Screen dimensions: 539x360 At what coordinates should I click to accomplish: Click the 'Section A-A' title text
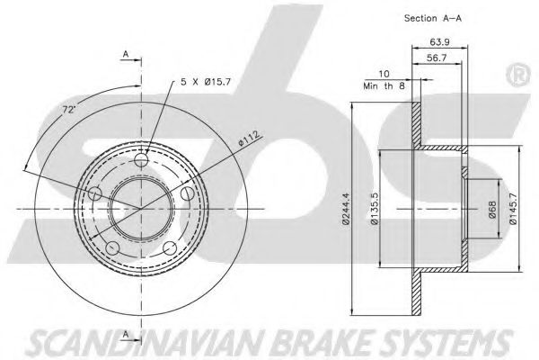tap(432, 18)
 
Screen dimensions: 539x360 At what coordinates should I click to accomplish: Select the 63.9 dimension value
tap(439, 42)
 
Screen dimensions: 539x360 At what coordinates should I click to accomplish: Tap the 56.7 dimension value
tap(437, 58)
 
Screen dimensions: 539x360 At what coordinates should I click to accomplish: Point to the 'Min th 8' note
tap(384, 86)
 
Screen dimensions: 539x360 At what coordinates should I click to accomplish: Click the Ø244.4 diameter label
tap(346, 209)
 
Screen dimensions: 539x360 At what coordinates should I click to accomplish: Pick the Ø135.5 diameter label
tap(375, 209)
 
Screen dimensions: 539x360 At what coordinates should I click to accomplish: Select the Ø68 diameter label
tap(492, 210)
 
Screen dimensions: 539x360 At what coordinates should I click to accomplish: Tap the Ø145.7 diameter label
tap(513, 208)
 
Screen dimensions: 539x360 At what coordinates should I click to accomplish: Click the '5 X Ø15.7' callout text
tap(206, 82)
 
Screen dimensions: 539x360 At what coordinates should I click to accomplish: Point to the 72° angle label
tap(69, 110)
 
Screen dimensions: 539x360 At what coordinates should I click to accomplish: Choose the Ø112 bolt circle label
tap(249, 139)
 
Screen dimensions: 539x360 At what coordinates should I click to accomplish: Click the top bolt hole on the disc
tap(141, 159)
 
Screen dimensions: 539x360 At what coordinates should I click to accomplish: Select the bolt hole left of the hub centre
tap(95, 193)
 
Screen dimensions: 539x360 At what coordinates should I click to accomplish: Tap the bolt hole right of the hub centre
tap(188, 193)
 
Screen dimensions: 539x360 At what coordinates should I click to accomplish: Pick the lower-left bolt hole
tap(113, 248)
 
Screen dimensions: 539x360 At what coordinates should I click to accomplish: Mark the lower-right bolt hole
tap(170, 248)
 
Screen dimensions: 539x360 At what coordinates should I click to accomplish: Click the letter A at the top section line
tap(126, 54)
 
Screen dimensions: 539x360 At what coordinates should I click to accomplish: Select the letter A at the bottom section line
tap(126, 334)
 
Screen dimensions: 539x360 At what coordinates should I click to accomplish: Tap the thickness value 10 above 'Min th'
tap(384, 74)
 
